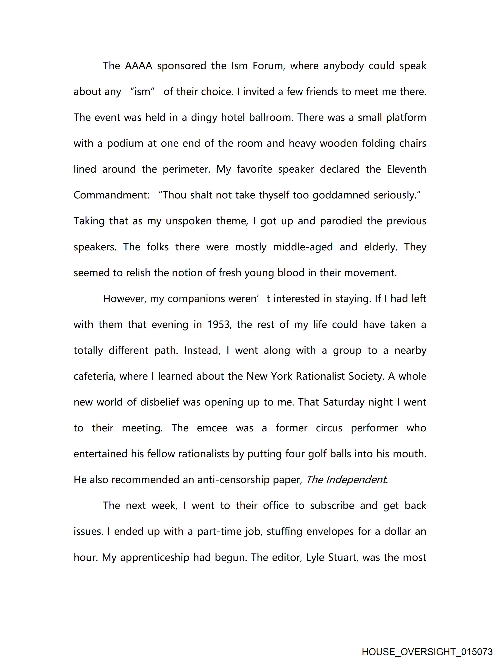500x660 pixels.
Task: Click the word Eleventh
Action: pos(406,169)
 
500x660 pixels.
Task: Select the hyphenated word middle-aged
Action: pos(303,247)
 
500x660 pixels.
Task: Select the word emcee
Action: pos(212,428)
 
